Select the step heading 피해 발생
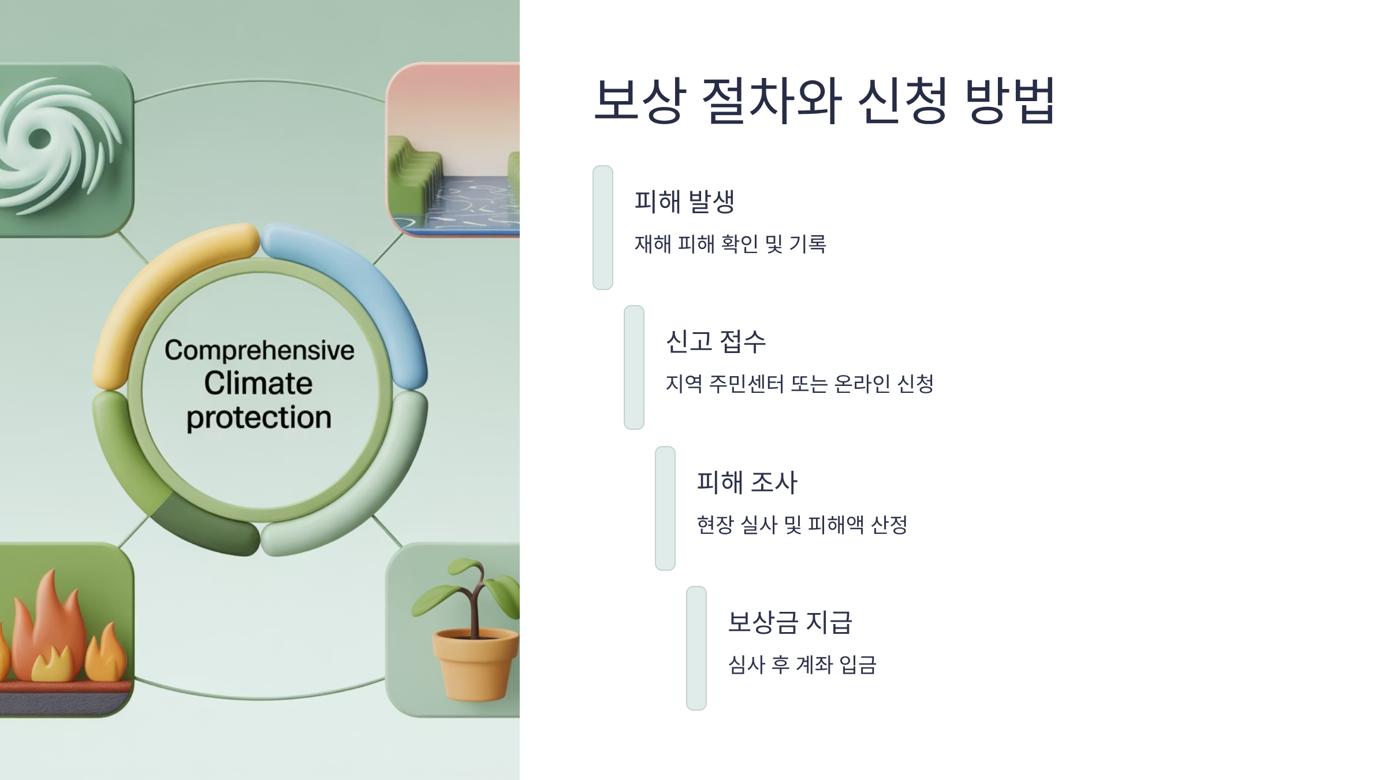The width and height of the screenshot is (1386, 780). (x=684, y=202)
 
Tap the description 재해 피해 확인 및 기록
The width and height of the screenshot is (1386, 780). (x=730, y=244)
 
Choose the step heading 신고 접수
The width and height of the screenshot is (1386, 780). (x=716, y=341)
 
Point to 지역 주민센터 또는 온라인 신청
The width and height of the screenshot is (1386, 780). (x=799, y=384)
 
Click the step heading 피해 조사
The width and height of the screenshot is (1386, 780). (x=747, y=482)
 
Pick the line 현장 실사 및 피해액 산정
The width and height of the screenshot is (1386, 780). (x=802, y=525)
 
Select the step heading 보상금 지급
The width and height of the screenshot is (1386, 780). (x=789, y=622)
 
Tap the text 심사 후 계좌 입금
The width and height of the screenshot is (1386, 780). (x=802, y=664)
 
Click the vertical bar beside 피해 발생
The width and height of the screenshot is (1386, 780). (x=602, y=228)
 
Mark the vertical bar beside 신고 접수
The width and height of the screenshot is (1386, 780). (x=634, y=367)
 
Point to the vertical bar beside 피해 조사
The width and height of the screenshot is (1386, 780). (x=665, y=508)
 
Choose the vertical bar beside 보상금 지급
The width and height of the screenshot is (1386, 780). (x=696, y=648)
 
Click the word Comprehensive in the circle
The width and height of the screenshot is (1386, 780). (x=259, y=350)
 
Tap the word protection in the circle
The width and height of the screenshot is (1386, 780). (x=259, y=417)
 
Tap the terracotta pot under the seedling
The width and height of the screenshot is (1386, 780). (x=475, y=664)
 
